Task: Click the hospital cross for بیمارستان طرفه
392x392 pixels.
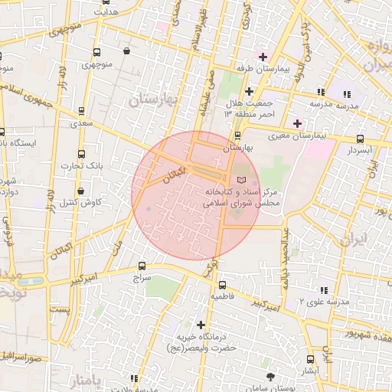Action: tap(263, 57)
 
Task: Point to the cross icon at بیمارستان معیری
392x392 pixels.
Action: tap(297, 123)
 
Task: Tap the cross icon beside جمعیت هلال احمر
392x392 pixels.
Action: tap(249, 91)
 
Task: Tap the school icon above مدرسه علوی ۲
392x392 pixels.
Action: tap(323, 290)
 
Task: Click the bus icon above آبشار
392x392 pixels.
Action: tap(310, 359)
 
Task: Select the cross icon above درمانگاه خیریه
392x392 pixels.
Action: tap(201, 325)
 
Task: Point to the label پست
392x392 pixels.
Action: tap(59, 309)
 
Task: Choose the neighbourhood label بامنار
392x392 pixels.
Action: tap(81, 381)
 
